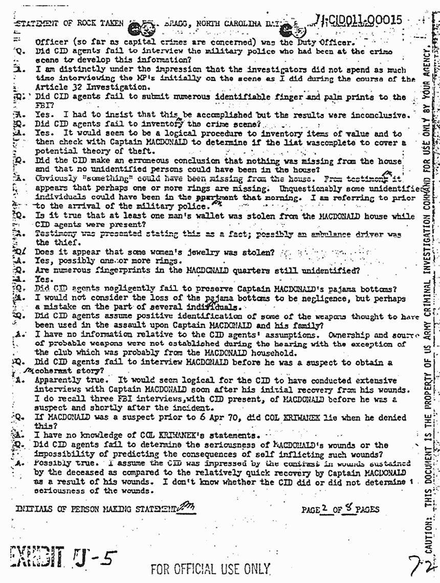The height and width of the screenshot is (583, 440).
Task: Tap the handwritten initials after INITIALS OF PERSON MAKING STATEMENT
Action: [183, 506]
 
